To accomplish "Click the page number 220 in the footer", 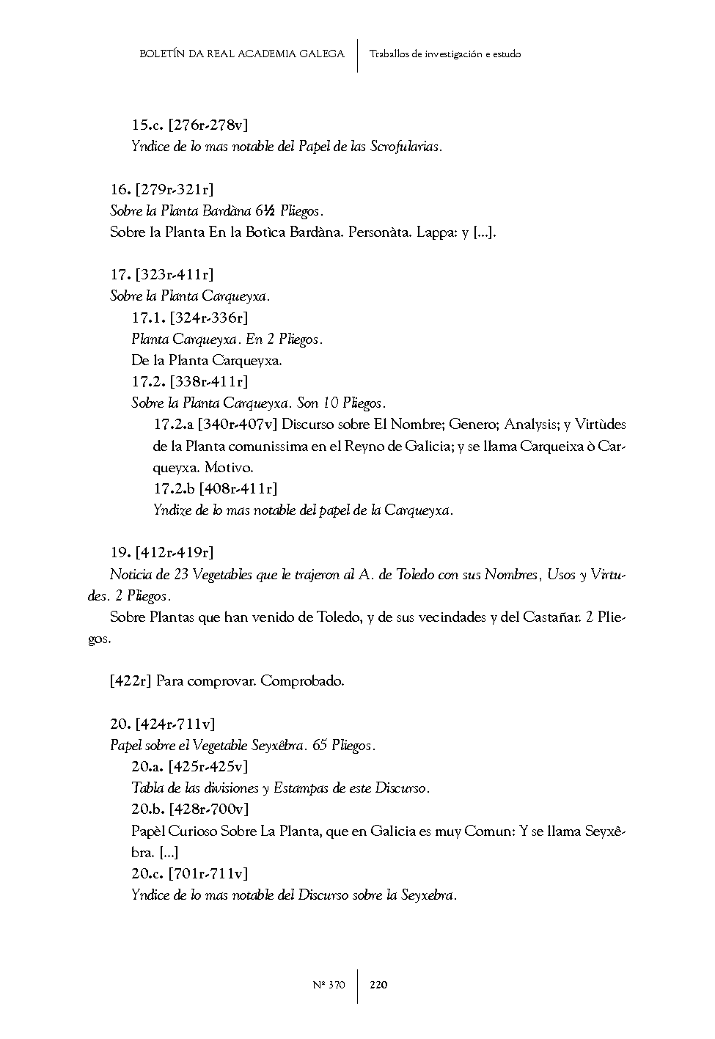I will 378,985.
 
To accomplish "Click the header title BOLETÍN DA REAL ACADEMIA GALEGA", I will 241,54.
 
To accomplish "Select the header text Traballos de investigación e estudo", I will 445,54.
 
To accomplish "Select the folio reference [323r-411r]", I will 175,275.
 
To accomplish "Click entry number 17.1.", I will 148,317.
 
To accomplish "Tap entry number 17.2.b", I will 174,488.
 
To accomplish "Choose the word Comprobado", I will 302,680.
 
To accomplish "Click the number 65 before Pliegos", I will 320,745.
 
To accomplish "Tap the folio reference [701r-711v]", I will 208,873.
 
